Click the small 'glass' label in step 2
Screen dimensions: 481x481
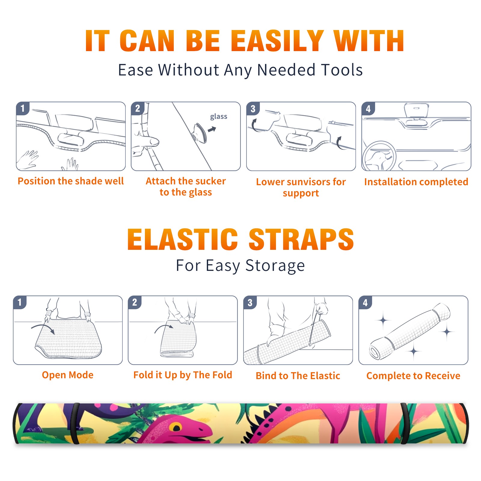tap(219, 117)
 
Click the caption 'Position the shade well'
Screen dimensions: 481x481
tap(71, 181)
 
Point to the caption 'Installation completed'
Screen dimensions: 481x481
tap(416, 182)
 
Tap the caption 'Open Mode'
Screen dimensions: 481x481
tap(68, 375)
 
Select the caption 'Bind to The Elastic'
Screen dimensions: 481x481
tap(298, 376)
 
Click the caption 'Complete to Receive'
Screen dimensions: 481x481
tap(413, 376)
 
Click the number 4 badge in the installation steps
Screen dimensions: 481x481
tap(368, 109)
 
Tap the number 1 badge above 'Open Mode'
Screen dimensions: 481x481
tap(20, 302)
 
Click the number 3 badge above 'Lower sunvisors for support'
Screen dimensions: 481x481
tap(253, 109)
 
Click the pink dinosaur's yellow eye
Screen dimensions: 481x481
tap(176, 427)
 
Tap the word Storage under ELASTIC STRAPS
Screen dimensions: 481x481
tap(275, 266)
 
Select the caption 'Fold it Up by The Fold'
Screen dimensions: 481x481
tap(183, 375)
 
